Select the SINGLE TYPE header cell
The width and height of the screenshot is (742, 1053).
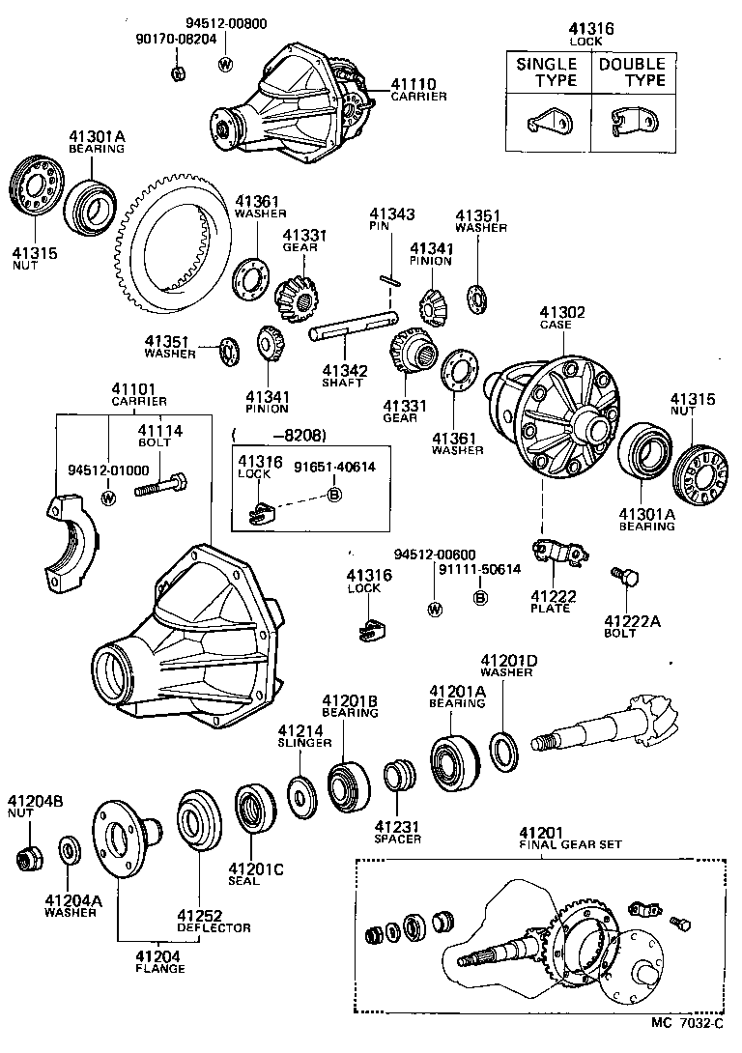coord(546,71)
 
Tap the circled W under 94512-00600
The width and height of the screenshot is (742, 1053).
coord(435,609)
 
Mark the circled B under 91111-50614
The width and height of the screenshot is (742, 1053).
coord(480,597)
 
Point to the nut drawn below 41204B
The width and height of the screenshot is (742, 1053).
coord(29,857)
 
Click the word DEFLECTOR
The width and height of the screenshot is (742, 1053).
coord(213,927)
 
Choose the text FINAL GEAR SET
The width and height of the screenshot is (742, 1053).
coord(569,843)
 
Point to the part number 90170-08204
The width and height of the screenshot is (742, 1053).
coord(176,41)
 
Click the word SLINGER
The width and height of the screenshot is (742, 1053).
coord(304,743)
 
